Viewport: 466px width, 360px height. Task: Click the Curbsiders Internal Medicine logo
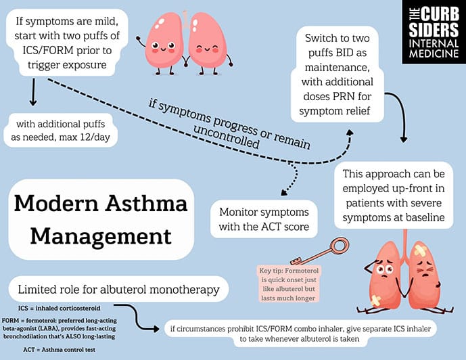(434, 32)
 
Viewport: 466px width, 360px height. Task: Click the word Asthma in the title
(146, 203)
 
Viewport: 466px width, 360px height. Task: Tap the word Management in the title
(101, 236)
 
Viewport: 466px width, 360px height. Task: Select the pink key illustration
(319, 251)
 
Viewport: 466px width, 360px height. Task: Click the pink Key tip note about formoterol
(288, 284)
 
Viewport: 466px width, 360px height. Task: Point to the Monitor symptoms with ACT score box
(264, 219)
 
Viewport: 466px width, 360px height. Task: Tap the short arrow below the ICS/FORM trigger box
(33, 92)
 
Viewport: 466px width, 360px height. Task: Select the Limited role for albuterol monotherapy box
(118, 289)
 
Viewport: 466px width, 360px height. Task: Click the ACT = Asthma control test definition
(59, 350)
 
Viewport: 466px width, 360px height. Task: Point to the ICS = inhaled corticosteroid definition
(59, 309)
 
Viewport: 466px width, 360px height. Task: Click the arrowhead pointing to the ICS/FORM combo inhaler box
(156, 328)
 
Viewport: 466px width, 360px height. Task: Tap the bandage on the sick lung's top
(421, 250)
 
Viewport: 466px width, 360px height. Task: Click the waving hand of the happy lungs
(138, 39)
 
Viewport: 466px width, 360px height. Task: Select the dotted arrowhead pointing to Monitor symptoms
(284, 192)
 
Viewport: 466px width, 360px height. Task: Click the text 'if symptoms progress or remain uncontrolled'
(229, 126)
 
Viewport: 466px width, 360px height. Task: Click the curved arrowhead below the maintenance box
(403, 139)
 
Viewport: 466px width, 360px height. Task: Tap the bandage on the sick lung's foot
(375, 301)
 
